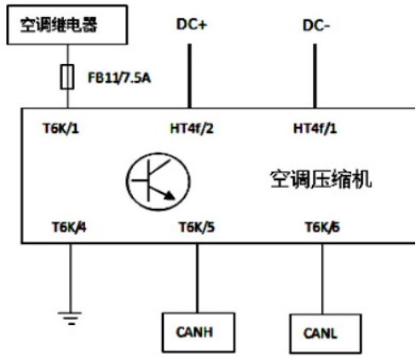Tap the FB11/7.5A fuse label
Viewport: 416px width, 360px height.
point(119,78)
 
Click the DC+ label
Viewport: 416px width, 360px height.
point(192,24)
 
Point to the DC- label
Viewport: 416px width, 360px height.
point(316,26)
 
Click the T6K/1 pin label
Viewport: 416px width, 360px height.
point(61,129)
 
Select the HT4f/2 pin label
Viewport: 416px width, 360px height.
point(192,129)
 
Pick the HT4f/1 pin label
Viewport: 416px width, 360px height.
point(315,129)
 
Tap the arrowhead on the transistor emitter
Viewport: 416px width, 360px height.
point(170,195)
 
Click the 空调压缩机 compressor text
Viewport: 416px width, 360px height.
point(321,179)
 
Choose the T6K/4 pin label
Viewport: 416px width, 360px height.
point(69,228)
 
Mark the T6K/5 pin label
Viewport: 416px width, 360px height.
point(197,228)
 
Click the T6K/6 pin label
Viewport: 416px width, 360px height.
point(322,228)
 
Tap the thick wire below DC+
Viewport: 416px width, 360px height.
point(189,76)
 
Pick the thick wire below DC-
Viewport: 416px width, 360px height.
point(315,76)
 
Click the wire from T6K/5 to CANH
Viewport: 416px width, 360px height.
point(198,278)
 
